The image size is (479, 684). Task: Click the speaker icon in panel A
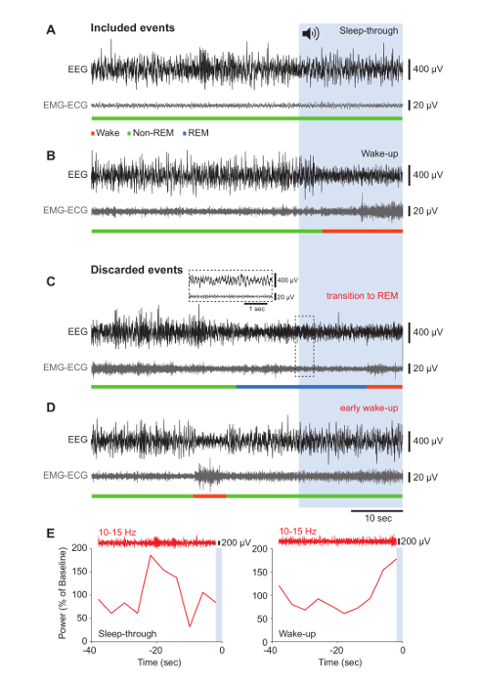pyautogui.click(x=311, y=33)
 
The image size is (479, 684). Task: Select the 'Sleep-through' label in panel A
pyautogui.click(x=369, y=30)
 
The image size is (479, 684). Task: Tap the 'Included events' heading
pyautogui.click(x=133, y=28)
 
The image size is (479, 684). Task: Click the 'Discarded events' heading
pyautogui.click(x=137, y=270)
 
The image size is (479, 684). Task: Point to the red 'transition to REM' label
pyautogui.click(x=362, y=296)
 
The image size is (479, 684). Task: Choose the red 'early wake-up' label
pyautogui.click(x=370, y=407)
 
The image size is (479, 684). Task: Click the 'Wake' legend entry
pyautogui.click(x=106, y=133)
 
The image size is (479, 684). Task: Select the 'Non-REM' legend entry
pyautogui.click(x=151, y=133)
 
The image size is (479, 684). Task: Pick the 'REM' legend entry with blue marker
pyautogui.click(x=196, y=133)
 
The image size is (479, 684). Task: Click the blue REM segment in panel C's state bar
pyautogui.click(x=301, y=387)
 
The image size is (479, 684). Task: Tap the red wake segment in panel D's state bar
pyautogui.click(x=209, y=496)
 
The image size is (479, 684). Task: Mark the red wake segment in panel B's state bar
pyautogui.click(x=363, y=231)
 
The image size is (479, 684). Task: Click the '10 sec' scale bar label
pyautogui.click(x=378, y=518)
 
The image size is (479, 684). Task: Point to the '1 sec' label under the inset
pyautogui.click(x=257, y=309)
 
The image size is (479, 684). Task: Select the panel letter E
pyautogui.click(x=51, y=534)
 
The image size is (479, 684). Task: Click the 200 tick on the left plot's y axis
pyautogui.click(x=79, y=548)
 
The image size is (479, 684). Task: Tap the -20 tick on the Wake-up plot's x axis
pyautogui.click(x=336, y=651)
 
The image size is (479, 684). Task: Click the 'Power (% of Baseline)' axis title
pyautogui.click(x=63, y=594)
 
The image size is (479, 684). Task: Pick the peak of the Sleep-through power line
pyautogui.click(x=151, y=555)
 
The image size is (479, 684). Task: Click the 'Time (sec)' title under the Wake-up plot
pyautogui.click(x=340, y=663)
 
